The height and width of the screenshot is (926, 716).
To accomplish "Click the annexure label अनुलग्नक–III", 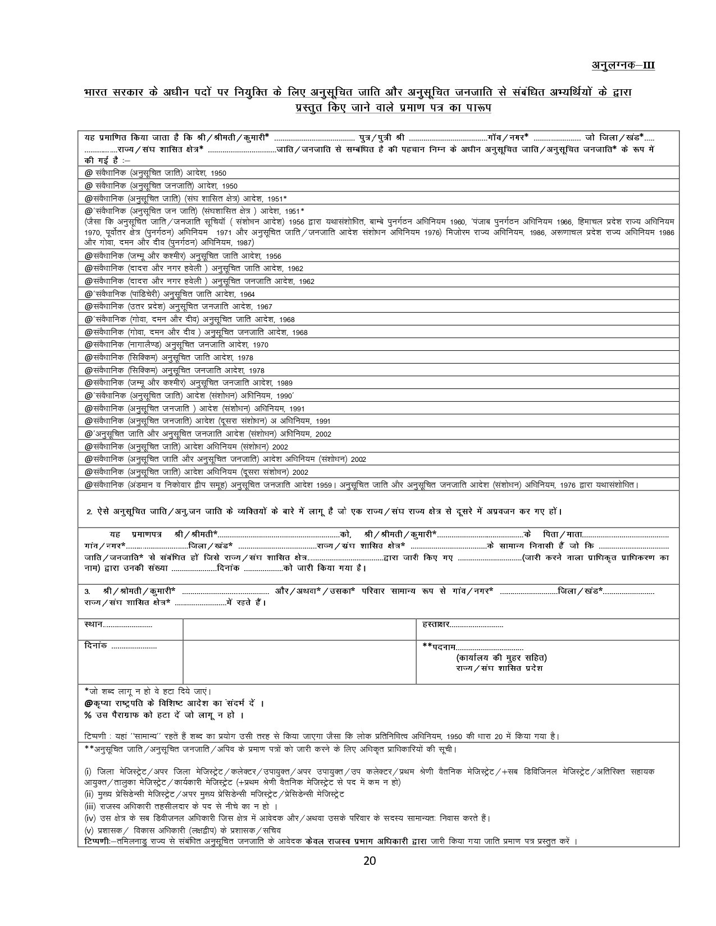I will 623,65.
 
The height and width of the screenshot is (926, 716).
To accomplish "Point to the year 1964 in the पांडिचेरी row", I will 246,294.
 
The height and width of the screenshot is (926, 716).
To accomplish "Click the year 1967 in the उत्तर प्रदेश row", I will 263,307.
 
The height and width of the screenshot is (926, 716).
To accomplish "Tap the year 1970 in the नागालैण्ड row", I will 261,345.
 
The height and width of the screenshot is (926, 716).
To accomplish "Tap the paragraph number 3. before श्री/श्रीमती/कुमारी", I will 87,592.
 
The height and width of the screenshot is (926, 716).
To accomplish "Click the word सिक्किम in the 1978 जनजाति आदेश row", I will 144,370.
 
